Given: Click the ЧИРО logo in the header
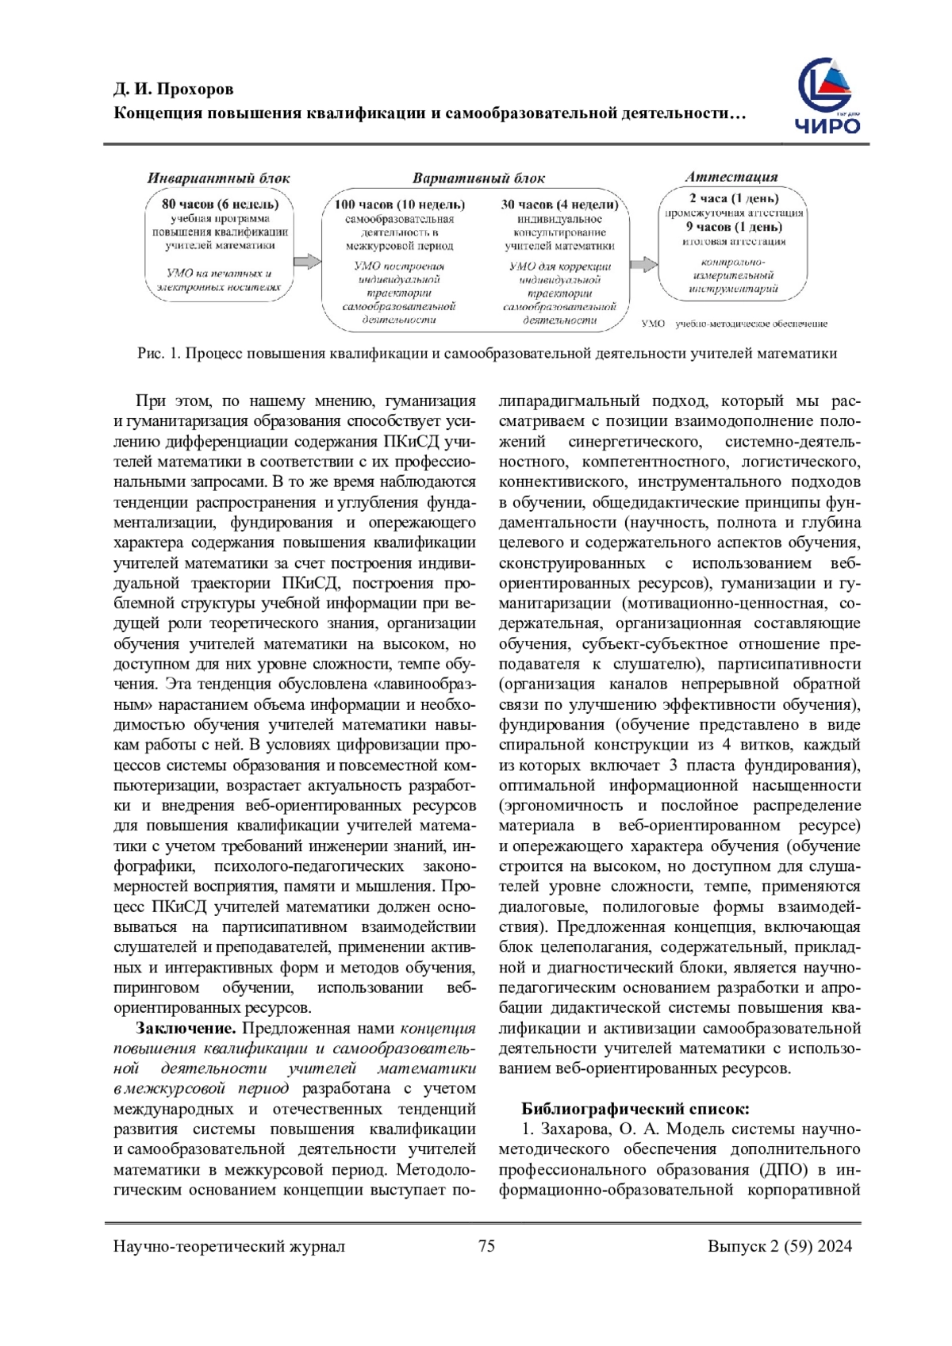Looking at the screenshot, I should (828, 97).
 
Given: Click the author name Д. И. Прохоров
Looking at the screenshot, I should (174, 89).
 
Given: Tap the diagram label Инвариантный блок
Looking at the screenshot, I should (218, 178).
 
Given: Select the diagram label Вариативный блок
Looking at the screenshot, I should (478, 178).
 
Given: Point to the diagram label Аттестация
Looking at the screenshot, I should (731, 177).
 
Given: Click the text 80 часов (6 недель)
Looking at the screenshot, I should (221, 204).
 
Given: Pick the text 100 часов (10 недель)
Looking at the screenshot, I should (400, 205).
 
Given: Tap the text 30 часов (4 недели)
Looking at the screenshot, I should (559, 205).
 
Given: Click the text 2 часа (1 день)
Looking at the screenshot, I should (734, 198).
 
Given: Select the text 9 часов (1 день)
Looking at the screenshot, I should (734, 227).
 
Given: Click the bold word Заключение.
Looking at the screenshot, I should (186, 1029).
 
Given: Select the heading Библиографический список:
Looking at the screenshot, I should (635, 1109).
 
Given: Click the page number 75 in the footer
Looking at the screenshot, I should (486, 1246).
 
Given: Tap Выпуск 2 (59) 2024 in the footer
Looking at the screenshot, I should (780, 1246).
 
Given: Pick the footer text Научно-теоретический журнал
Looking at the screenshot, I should (229, 1246).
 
